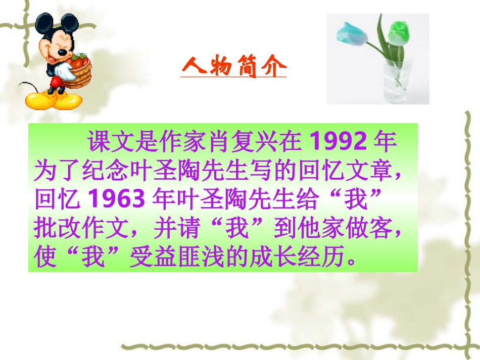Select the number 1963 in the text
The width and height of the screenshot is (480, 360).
pyautogui.click(x=117, y=200)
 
